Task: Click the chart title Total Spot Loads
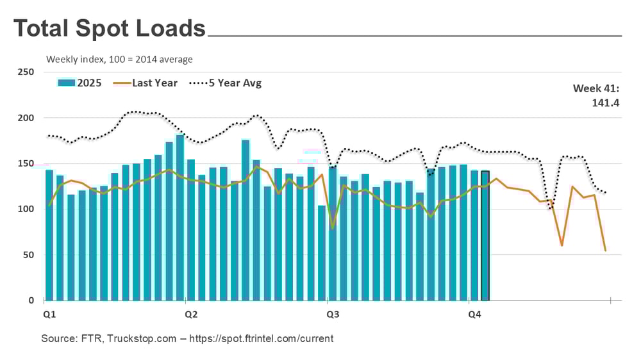[x=110, y=29]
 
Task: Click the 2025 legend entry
[x=80, y=83]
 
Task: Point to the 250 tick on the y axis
[x=26, y=72]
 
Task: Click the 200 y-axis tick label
[x=26, y=118]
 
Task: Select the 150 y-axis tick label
[x=26, y=163]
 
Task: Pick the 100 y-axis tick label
[x=26, y=209]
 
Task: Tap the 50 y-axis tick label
[x=28, y=255]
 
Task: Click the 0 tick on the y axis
[x=31, y=300]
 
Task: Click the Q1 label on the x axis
[x=49, y=315]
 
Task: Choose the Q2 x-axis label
[x=190, y=315]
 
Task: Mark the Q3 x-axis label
[x=333, y=315]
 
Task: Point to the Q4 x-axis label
[x=474, y=315]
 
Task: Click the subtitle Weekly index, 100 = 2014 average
[x=119, y=60]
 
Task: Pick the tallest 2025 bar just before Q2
[x=180, y=218]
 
